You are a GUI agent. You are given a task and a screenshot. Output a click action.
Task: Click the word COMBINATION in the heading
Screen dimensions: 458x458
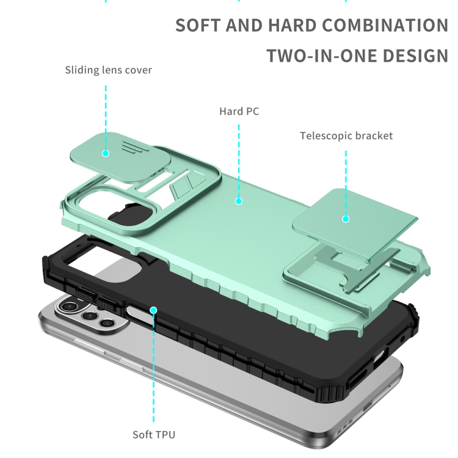pyautogui.click(x=385, y=26)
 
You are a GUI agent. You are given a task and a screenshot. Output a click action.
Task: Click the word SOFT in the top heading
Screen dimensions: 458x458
pyautogui.click(x=198, y=26)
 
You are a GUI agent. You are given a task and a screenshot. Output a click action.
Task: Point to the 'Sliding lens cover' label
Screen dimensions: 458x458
pyautogui.click(x=108, y=70)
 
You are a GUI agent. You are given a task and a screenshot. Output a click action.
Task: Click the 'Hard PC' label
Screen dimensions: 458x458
pyautogui.click(x=239, y=111)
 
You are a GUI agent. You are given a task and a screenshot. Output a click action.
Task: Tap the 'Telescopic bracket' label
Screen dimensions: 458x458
pyautogui.click(x=346, y=136)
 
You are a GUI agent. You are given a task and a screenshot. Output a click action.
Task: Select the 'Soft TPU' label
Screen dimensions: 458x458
pyautogui.click(x=154, y=435)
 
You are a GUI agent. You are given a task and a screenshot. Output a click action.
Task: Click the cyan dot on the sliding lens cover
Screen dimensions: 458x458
pyautogui.click(x=106, y=153)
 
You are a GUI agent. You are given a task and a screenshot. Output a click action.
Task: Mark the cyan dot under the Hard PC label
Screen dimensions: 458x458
pyautogui.click(x=239, y=201)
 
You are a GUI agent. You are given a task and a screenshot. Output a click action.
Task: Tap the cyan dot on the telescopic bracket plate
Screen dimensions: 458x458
pyautogui.click(x=346, y=219)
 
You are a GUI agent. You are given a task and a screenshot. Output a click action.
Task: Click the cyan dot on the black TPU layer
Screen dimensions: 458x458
pyautogui.click(x=153, y=310)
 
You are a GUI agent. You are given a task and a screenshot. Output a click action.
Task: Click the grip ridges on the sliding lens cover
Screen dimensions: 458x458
pyautogui.click(x=135, y=147)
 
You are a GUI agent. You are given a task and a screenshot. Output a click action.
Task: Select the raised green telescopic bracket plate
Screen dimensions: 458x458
pyautogui.click(x=355, y=223)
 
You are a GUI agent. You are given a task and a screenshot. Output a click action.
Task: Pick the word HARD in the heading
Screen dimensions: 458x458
pyautogui.click(x=292, y=26)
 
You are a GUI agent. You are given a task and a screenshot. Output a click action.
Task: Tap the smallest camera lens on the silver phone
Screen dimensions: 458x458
pyautogui.click(x=106, y=323)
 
